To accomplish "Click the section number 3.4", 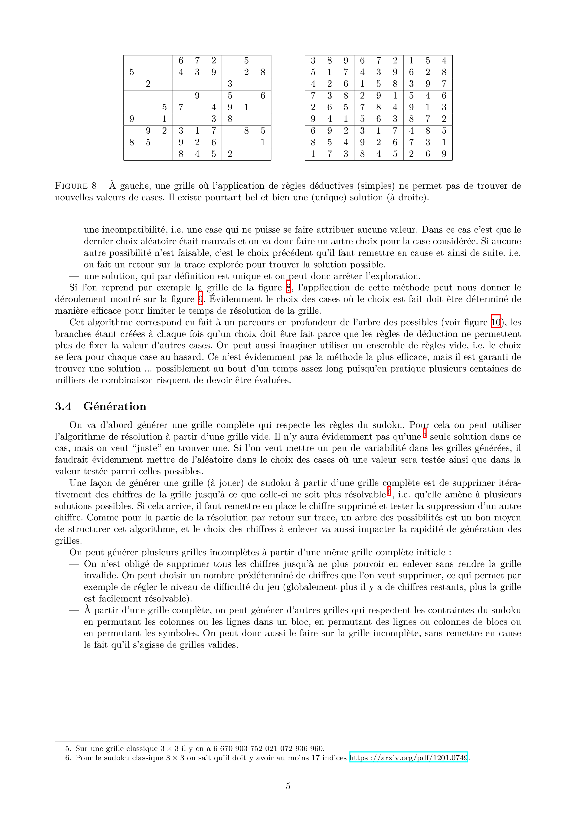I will coord(63,406).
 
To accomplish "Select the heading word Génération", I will coord(115,406).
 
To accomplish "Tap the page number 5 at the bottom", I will coord(288,786).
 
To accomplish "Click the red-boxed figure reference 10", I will coord(495,322).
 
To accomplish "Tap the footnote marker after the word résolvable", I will coord(389,491).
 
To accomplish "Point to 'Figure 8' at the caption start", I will coord(75,186).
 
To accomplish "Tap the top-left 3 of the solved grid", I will coord(313,61).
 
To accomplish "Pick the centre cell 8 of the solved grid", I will coord(379,107).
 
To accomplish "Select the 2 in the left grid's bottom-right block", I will coord(230,154).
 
